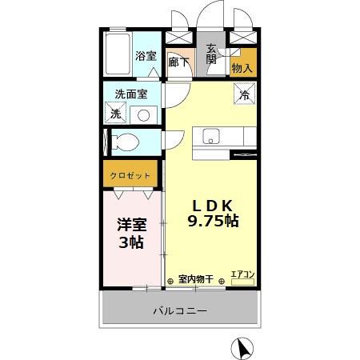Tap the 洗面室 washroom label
(130, 94)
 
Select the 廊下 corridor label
(179, 62)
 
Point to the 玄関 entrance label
(212, 53)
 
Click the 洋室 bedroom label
(131, 226)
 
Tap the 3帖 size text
(131, 242)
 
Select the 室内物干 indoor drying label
(195, 279)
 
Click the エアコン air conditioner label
(242, 275)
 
